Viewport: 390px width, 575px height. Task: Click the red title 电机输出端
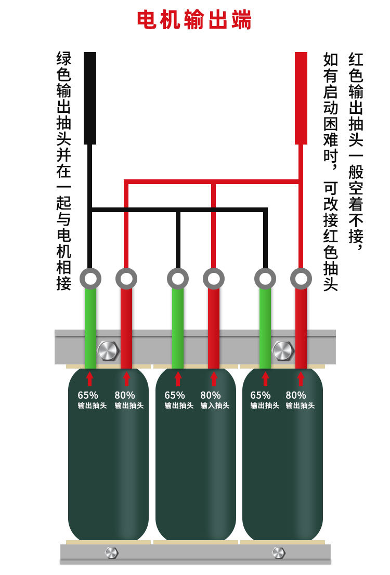194,19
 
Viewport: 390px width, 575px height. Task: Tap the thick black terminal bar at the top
90,98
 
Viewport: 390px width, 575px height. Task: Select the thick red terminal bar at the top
301,98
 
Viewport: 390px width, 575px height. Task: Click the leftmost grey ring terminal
90,279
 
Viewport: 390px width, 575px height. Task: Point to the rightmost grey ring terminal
301,279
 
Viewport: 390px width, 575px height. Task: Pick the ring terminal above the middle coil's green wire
177,279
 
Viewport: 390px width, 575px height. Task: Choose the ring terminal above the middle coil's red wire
214,279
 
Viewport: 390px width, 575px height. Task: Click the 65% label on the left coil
88,395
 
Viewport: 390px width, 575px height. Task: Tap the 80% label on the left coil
125,395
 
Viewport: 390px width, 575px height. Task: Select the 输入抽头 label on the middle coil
215,406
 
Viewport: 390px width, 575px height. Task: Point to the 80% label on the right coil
296,395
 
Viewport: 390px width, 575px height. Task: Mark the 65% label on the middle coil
175,395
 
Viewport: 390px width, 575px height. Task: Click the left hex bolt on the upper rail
108,350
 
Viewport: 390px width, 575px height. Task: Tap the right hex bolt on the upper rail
283,350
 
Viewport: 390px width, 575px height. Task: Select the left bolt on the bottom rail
111,553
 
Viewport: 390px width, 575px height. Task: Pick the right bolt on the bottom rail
279,553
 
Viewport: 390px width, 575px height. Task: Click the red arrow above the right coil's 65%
265,379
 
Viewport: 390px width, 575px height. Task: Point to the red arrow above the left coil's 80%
126,379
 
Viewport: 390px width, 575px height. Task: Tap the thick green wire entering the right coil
265,329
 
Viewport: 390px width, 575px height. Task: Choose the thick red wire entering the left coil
126,329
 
